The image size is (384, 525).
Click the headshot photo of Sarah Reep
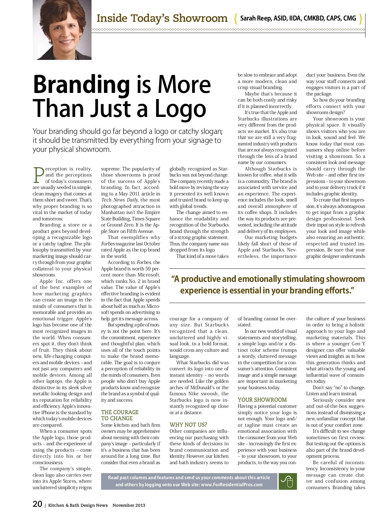click(x=62, y=30)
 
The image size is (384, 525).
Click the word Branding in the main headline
click(x=81, y=85)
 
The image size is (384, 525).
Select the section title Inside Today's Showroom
click(x=162, y=18)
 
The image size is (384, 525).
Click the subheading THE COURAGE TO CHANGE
click(x=120, y=415)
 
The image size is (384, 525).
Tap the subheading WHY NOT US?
click(x=188, y=425)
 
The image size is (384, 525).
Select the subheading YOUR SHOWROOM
click(x=262, y=400)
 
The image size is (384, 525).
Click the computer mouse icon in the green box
click(x=287, y=481)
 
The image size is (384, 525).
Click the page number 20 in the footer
click(x=37, y=504)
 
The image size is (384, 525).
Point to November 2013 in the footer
click(x=129, y=505)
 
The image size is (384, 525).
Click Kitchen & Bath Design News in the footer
click(x=78, y=505)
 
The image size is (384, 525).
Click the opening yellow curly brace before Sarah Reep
click(x=236, y=19)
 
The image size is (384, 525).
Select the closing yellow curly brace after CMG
click(x=361, y=19)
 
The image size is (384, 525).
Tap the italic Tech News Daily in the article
click(x=119, y=200)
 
